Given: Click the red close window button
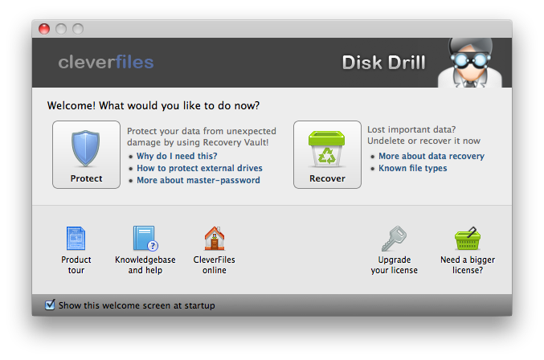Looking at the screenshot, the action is (44, 29).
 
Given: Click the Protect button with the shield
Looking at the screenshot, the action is (87, 154).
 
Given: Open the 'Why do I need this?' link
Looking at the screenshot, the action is (177, 156).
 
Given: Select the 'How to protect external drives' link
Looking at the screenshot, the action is (199, 168).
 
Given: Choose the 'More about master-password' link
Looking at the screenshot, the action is (198, 180).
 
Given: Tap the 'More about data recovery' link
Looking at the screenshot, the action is (432, 156).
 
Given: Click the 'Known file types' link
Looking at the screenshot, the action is (412, 168).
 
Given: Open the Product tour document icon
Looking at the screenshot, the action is (76, 239).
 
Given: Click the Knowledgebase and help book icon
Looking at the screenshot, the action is (145, 239).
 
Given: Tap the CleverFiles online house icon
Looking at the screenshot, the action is (215, 239).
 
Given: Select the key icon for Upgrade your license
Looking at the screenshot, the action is (394, 239).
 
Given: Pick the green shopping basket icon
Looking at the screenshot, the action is (468, 239).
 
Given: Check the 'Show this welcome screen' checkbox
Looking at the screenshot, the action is (50, 305).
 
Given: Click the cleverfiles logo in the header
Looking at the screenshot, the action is (106, 63).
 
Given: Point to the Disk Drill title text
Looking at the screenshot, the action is (384, 63).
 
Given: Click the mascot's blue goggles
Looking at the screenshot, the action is (470, 60).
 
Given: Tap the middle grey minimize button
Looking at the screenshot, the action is (61, 29).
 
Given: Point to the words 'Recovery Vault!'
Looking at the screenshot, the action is (235, 142).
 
